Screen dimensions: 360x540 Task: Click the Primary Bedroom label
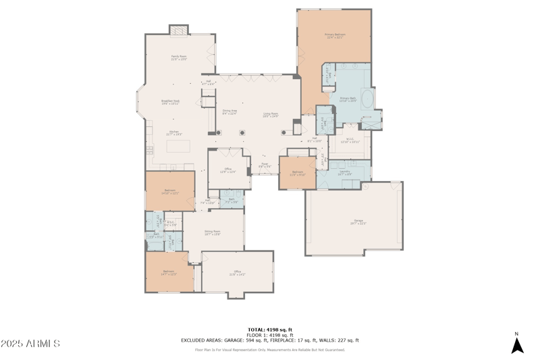coord(335,35)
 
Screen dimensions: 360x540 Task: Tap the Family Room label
coord(178,57)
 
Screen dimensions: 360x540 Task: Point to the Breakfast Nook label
coord(170,102)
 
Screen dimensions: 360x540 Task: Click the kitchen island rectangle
coord(179,147)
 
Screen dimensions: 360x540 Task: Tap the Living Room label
coord(270,115)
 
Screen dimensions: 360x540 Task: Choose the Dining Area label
coord(230,111)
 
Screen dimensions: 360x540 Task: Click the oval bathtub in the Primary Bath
coord(369,101)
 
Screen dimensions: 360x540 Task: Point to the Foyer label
coord(264,165)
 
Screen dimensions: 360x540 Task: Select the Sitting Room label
coord(213,233)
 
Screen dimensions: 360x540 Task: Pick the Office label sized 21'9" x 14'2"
coord(237,273)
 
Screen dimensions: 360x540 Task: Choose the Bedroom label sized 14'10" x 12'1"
coord(169,192)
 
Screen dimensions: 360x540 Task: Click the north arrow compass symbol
coord(517,344)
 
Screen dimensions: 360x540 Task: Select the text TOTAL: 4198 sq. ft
coord(270,330)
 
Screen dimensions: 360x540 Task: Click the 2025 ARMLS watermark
coord(30,344)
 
